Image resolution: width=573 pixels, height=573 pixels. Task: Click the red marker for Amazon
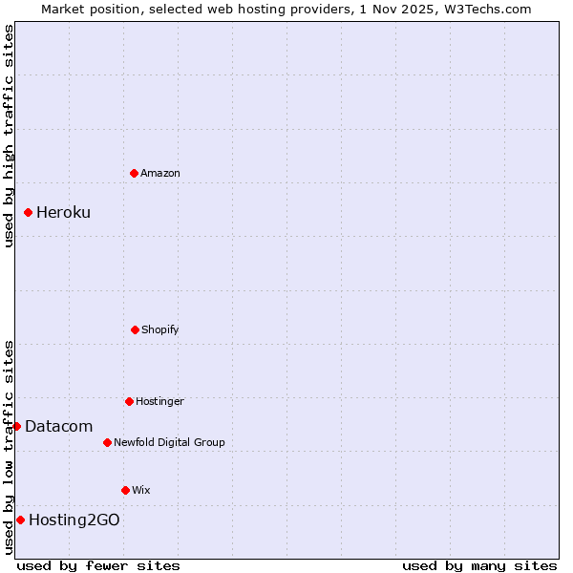pos(135,173)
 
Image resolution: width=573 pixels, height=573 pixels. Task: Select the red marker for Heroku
pos(29,212)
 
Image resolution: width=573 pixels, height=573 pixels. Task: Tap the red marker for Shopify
pos(135,329)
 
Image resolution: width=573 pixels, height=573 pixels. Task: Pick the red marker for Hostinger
pos(129,401)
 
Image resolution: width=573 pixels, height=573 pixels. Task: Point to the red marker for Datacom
pos(16,426)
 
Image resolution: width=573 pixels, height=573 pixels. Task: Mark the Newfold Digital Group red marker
pos(107,442)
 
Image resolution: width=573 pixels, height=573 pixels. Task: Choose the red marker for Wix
pos(125,490)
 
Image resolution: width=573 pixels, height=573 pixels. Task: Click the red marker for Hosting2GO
pos(20,520)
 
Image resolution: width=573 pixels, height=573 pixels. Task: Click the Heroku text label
pos(63,212)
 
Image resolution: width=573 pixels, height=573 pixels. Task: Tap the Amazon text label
pos(160,173)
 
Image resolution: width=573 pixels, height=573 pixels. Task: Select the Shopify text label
pos(160,329)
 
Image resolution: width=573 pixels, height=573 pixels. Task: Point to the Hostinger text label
pos(159,401)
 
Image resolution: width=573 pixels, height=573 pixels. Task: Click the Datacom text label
pos(58,426)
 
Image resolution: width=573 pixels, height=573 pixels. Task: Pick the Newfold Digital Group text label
pos(169,442)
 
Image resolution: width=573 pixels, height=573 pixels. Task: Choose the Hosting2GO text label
pos(74,520)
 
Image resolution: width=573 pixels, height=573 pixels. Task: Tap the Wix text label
pos(141,490)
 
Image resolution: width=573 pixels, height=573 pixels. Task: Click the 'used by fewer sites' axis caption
pos(98,565)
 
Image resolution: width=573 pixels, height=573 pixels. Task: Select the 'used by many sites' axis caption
pos(479,565)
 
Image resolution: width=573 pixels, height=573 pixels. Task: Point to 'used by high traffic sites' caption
pos(9,136)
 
